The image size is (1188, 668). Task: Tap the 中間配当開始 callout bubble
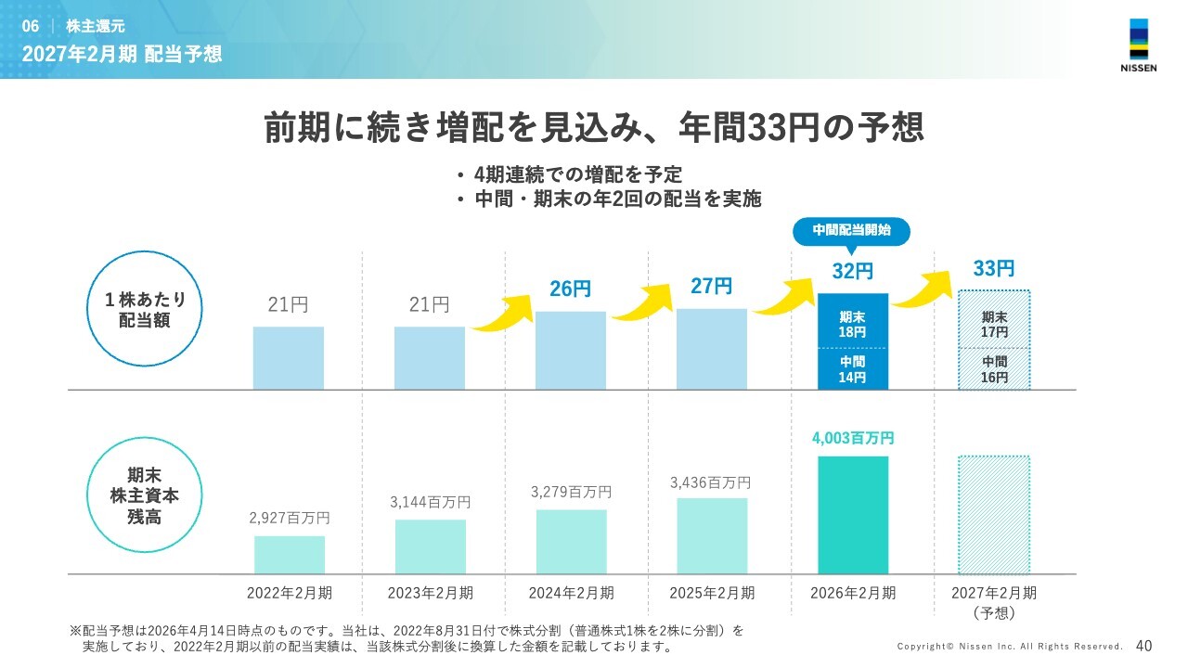point(851,230)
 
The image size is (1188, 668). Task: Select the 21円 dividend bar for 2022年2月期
point(289,357)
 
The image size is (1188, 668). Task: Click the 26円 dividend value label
point(570,289)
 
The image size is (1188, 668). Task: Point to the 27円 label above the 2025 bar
point(711,286)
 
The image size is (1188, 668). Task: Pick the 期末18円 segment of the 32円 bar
point(852,322)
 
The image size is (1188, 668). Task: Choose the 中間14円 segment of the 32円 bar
point(852,368)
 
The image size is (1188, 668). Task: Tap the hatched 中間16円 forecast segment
point(994,368)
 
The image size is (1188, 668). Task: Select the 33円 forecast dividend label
point(994,269)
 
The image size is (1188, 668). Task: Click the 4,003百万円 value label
point(852,439)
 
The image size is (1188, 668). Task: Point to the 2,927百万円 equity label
point(289,518)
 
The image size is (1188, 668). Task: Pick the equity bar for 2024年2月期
point(571,541)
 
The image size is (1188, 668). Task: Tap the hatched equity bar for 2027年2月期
point(994,514)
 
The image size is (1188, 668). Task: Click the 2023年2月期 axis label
point(430,593)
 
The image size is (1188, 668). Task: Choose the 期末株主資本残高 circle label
point(138,495)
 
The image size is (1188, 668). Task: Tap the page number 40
point(1143,646)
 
